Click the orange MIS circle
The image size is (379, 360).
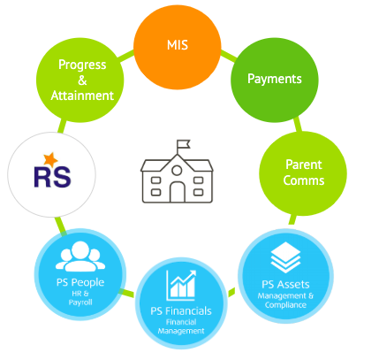coord(178,46)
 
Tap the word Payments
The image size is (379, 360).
coord(275,79)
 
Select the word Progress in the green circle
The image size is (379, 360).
coord(82,65)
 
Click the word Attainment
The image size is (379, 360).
coord(82,96)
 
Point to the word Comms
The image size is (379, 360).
coord(304,180)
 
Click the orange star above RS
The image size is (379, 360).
coord(50,159)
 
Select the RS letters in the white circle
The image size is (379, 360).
coord(52,177)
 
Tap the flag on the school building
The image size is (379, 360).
coord(184,144)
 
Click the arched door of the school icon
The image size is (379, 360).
coord(178,192)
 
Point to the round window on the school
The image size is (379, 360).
coord(177,171)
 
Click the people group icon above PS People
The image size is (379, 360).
coord(80,257)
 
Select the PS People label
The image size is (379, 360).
coord(80,282)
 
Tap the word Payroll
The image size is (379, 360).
coord(80,303)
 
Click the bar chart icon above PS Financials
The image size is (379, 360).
coord(181,285)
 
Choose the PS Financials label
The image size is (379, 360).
coord(181,311)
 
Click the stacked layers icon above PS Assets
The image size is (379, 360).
coord(285,257)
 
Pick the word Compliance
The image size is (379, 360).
coord(285,305)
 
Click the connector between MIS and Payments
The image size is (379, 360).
coord(228,57)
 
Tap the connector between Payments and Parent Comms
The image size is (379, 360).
coord(298,125)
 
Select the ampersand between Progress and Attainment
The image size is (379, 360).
coord(82,80)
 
